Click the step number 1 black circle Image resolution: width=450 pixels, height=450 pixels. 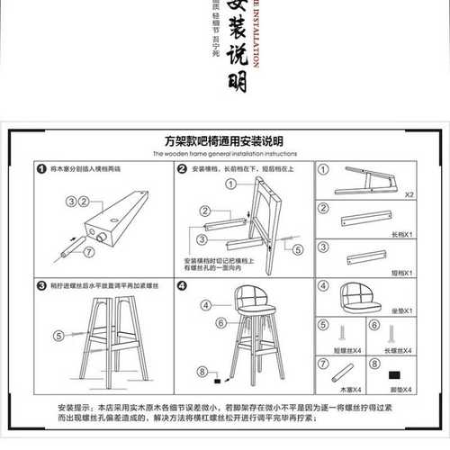40,168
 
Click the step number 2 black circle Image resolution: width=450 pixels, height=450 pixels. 181,168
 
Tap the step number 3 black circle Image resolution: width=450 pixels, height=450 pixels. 40,286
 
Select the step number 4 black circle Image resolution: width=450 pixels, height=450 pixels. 181,286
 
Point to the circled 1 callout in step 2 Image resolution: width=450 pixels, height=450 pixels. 229,183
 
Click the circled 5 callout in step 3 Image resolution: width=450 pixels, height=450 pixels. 59,336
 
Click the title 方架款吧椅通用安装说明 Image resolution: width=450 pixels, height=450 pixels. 224,141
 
